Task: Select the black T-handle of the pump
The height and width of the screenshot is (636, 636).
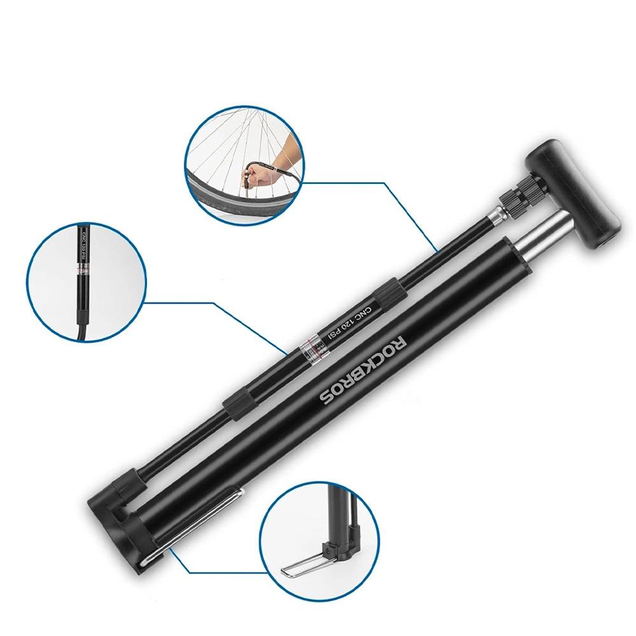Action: click(x=575, y=191)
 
